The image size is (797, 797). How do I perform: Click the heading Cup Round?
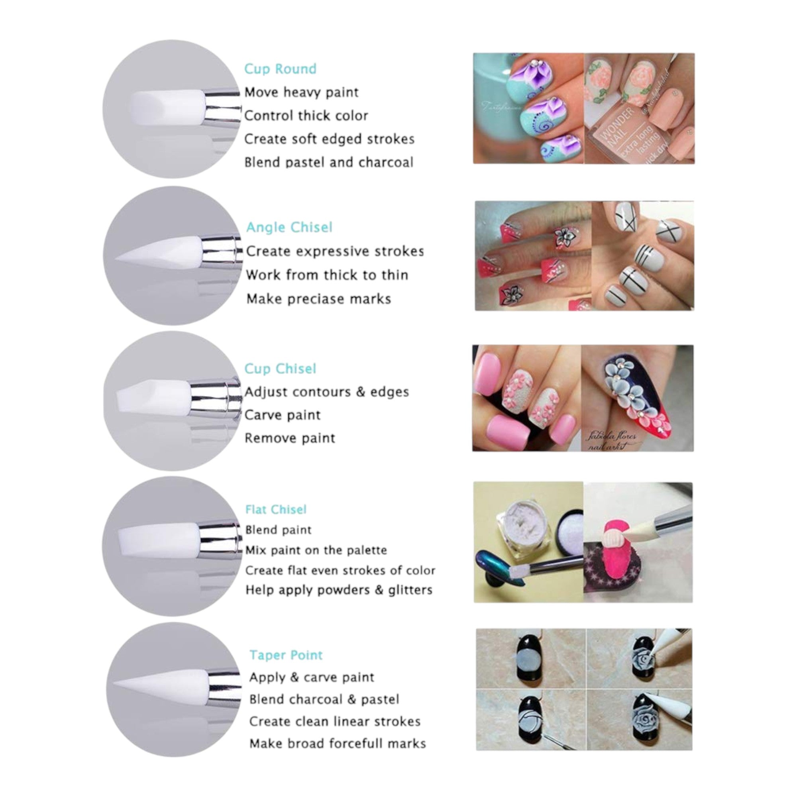(x=280, y=69)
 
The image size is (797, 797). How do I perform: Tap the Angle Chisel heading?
(x=289, y=227)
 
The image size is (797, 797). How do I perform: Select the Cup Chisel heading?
(x=280, y=368)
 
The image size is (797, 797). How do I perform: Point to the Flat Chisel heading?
(x=276, y=510)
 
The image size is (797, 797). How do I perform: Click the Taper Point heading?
(x=286, y=655)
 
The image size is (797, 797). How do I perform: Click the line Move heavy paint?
(x=301, y=92)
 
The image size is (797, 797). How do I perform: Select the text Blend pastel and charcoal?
(x=328, y=162)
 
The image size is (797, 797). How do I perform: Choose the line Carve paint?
(x=282, y=415)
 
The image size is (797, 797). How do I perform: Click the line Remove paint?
(x=290, y=438)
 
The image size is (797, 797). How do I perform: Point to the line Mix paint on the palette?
(x=316, y=550)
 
